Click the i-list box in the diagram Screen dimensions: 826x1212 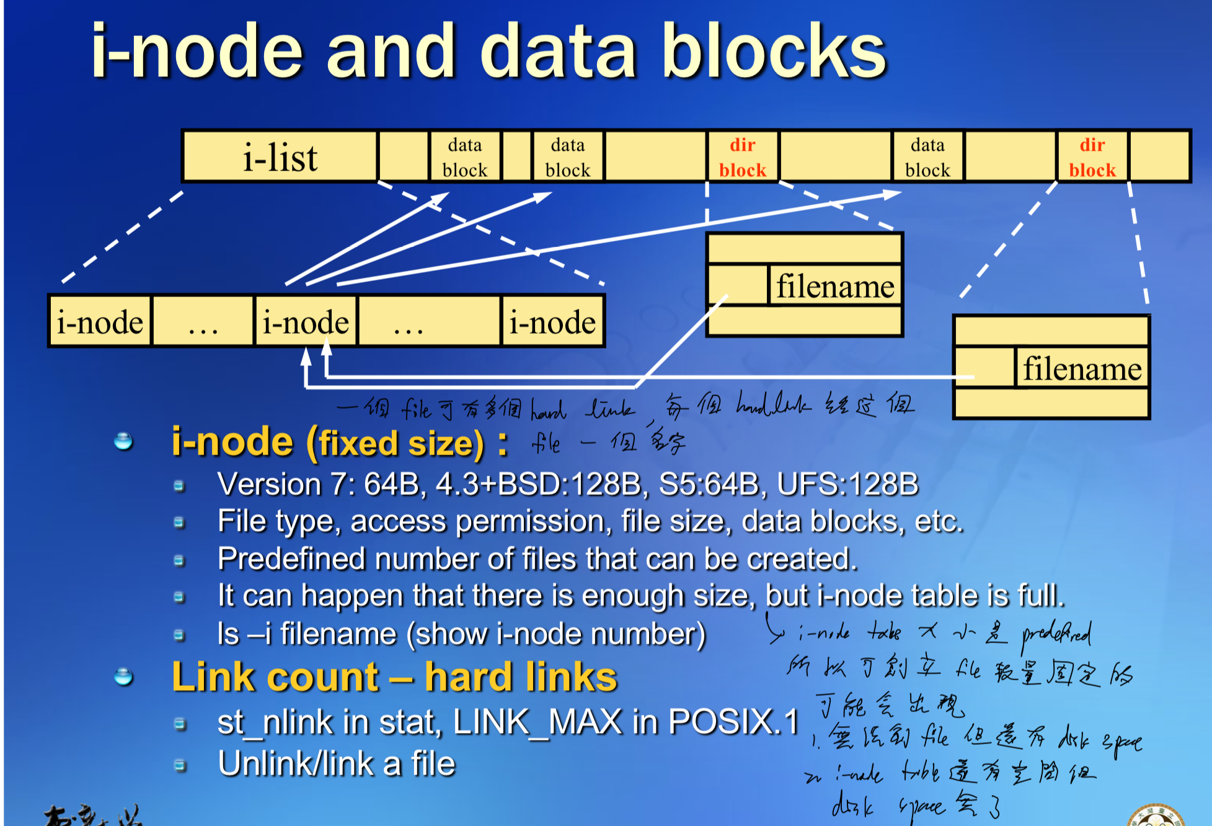280,156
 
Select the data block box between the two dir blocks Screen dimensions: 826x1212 927,157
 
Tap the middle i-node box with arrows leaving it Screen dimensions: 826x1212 306,322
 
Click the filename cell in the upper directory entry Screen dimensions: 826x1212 834,286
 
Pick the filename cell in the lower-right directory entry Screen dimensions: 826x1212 1082,368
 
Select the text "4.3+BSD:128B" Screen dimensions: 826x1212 538,484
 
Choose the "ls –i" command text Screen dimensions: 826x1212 244,634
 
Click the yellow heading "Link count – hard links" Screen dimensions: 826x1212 394,677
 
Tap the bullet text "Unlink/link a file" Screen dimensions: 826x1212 336,763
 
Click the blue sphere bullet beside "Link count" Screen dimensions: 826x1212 124,677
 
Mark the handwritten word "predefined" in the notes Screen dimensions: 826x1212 1056,634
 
